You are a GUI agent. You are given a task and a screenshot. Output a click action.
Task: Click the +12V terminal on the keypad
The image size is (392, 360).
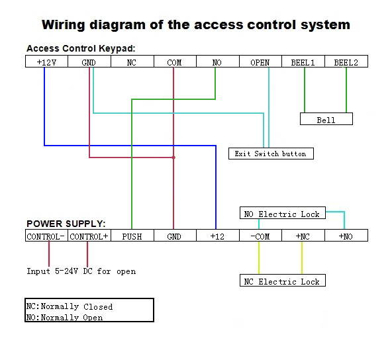coord(46,62)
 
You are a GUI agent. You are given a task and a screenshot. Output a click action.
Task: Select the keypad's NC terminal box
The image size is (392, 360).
coord(132,62)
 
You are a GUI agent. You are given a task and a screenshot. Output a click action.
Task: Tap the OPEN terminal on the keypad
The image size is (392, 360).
coord(260,62)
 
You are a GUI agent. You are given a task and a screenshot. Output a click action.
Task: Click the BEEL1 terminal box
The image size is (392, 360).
coord(303,62)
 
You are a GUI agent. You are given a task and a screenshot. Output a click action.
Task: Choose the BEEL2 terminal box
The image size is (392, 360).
coord(346,62)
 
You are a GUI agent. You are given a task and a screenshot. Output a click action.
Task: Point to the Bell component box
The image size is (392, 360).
coord(326,120)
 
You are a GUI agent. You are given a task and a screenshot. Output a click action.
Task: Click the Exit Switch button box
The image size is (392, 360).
coord(270,154)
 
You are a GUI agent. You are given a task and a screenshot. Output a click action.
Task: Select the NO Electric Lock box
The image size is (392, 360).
coord(282,214)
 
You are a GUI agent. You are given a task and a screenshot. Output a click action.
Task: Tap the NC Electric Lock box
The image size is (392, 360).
coord(282,281)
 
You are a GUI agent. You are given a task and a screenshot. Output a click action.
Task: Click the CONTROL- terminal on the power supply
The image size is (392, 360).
coord(46,236)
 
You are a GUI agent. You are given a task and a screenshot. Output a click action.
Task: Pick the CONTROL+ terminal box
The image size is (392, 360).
coord(89,236)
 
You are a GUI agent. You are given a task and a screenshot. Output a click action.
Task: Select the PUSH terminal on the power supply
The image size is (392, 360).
coord(132,236)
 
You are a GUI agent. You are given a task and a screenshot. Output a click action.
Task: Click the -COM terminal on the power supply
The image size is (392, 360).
coord(259,236)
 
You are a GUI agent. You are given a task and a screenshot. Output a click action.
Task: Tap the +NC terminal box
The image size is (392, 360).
coord(302,236)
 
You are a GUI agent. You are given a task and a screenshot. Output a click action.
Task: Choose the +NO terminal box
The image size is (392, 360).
coord(345,236)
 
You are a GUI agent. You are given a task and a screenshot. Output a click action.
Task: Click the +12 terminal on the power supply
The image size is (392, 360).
coord(217,236)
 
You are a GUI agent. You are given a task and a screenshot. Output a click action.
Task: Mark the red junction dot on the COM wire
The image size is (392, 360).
coord(173,157)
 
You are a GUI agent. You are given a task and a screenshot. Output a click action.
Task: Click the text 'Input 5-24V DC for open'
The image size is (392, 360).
coord(81,271)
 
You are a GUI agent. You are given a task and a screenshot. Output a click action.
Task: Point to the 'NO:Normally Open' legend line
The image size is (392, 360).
coord(64,318)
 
